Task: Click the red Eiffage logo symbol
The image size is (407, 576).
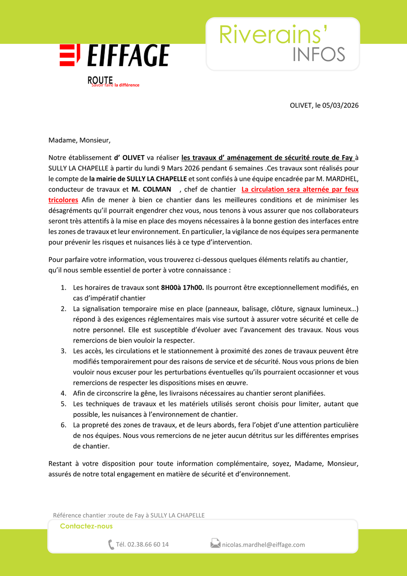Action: click(x=70, y=55)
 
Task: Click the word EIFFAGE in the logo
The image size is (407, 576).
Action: click(x=128, y=56)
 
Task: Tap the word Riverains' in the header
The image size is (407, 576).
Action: click(x=273, y=34)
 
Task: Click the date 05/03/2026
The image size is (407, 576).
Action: click(x=341, y=105)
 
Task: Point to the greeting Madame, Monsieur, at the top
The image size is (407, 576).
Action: click(x=79, y=140)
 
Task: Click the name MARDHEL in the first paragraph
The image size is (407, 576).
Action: click(x=342, y=179)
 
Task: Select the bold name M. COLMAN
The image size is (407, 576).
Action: click(x=151, y=189)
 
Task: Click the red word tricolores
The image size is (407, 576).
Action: click(x=63, y=200)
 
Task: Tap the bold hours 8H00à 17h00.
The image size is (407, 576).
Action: click(x=182, y=287)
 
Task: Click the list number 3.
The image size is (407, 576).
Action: click(x=63, y=351)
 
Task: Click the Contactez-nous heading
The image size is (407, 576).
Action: click(x=86, y=526)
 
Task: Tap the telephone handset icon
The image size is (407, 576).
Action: click(x=111, y=544)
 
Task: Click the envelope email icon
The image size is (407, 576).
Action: click(x=215, y=543)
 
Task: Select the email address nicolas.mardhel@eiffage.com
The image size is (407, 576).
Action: click(x=263, y=544)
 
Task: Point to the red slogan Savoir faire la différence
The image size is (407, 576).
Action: click(x=115, y=85)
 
